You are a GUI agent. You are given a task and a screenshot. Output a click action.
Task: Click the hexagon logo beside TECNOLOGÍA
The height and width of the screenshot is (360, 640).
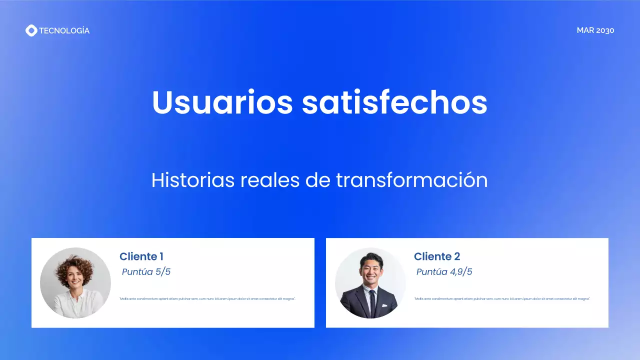click(31, 30)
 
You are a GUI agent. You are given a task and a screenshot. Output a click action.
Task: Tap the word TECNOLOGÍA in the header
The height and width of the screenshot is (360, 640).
click(64, 30)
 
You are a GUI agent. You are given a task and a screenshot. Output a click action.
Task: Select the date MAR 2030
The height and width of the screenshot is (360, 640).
click(595, 30)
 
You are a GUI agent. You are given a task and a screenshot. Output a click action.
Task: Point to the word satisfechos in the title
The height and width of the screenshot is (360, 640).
click(394, 102)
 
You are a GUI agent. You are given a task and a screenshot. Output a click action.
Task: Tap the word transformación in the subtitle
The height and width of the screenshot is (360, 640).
click(411, 180)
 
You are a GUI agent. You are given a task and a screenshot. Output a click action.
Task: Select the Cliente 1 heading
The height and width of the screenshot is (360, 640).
click(141, 256)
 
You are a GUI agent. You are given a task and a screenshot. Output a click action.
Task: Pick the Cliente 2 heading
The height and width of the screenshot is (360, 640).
click(437, 256)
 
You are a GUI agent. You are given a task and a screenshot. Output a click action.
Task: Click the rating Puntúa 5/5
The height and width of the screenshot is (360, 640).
click(146, 272)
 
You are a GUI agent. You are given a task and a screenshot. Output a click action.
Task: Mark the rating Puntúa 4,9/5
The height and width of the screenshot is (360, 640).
click(444, 272)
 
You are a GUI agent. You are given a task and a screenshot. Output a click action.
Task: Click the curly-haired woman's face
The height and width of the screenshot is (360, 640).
click(74, 276)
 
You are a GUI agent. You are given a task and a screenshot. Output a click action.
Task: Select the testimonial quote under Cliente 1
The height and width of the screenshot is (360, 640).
click(207, 299)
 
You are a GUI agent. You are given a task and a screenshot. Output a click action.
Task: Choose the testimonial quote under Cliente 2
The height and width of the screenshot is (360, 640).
click(502, 299)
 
